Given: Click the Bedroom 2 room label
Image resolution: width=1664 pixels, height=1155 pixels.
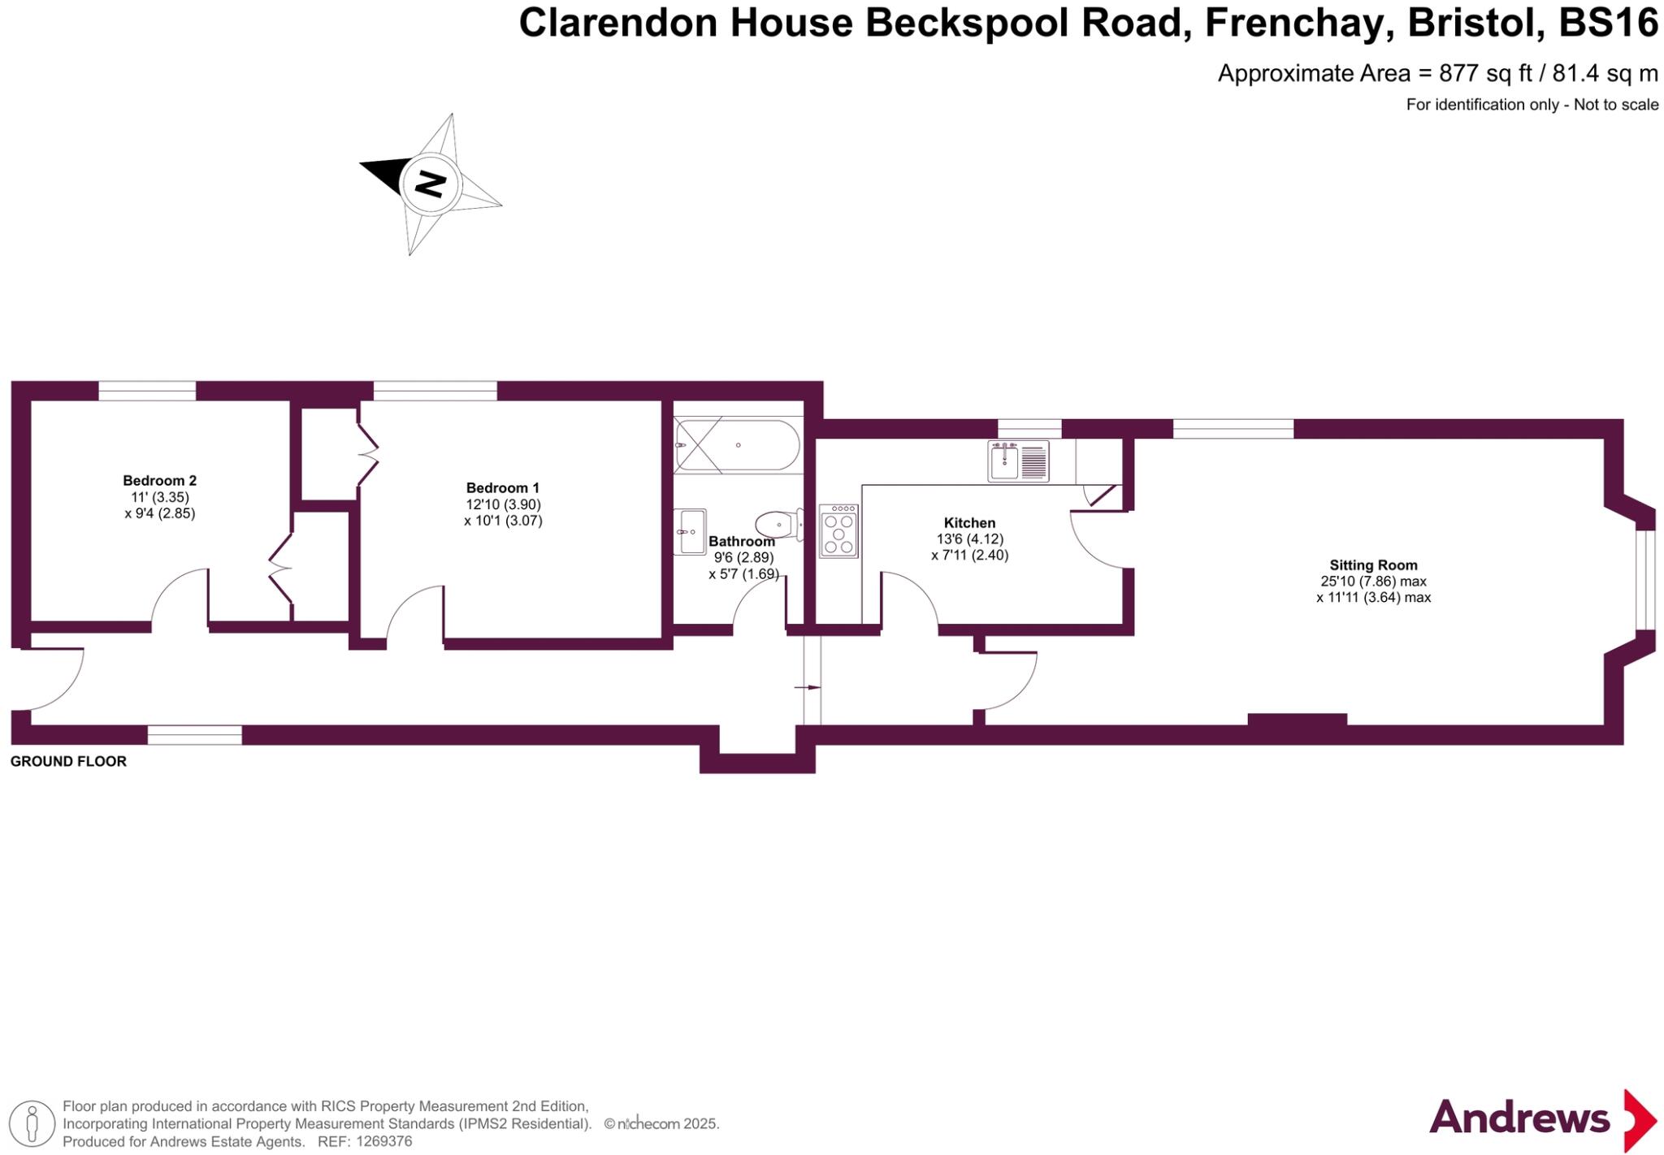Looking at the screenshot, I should pyautogui.click(x=159, y=480).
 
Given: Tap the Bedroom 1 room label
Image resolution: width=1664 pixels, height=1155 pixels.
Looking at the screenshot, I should pyautogui.click(x=502, y=487).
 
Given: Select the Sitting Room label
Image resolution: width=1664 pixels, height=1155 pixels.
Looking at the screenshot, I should pyautogui.click(x=1373, y=565).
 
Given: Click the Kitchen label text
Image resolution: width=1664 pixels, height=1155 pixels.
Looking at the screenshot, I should pyautogui.click(x=969, y=522).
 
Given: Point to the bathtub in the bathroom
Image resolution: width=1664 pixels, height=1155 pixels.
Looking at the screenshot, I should pyautogui.click(x=737, y=445).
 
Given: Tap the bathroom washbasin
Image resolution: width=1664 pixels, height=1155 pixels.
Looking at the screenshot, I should pyautogui.click(x=689, y=531).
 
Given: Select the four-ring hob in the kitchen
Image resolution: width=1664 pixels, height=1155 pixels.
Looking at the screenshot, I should pyautogui.click(x=838, y=531).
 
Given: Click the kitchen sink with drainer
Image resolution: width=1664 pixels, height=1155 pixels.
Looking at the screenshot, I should pyautogui.click(x=1018, y=461).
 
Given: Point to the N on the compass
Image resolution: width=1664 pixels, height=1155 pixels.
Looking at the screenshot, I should pyautogui.click(x=430, y=184).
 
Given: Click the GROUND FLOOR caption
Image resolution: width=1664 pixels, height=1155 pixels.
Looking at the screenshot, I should pyautogui.click(x=68, y=761).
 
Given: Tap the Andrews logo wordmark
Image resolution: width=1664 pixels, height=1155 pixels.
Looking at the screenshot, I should pyautogui.click(x=1519, y=1118).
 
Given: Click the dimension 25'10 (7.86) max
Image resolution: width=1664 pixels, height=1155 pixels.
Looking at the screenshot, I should pyautogui.click(x=1373, y=581).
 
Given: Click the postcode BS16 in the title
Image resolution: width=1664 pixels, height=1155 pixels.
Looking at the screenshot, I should pyautogui.click(x=1608, y=23).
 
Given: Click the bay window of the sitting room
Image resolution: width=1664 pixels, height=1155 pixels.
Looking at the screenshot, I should pyautogui.click(x=1644, y=580).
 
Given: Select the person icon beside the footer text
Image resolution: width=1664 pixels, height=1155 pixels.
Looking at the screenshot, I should pyautogui.click(x=32, y=1123).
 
